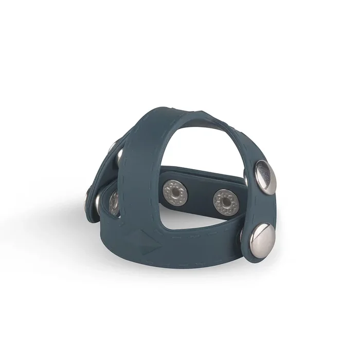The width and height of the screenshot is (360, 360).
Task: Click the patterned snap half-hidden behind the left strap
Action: pos(114,201)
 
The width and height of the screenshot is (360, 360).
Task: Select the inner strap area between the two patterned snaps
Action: pos(200,195)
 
